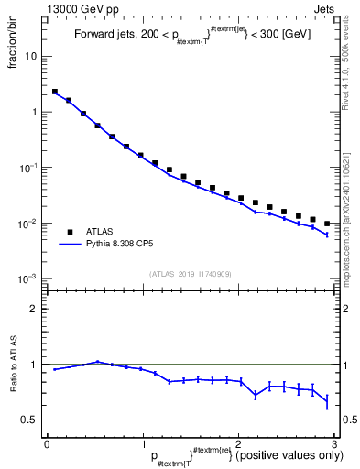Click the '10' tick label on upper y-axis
click(30, 56)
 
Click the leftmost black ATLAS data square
click(55, 92)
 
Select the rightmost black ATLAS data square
click(326, 224)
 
